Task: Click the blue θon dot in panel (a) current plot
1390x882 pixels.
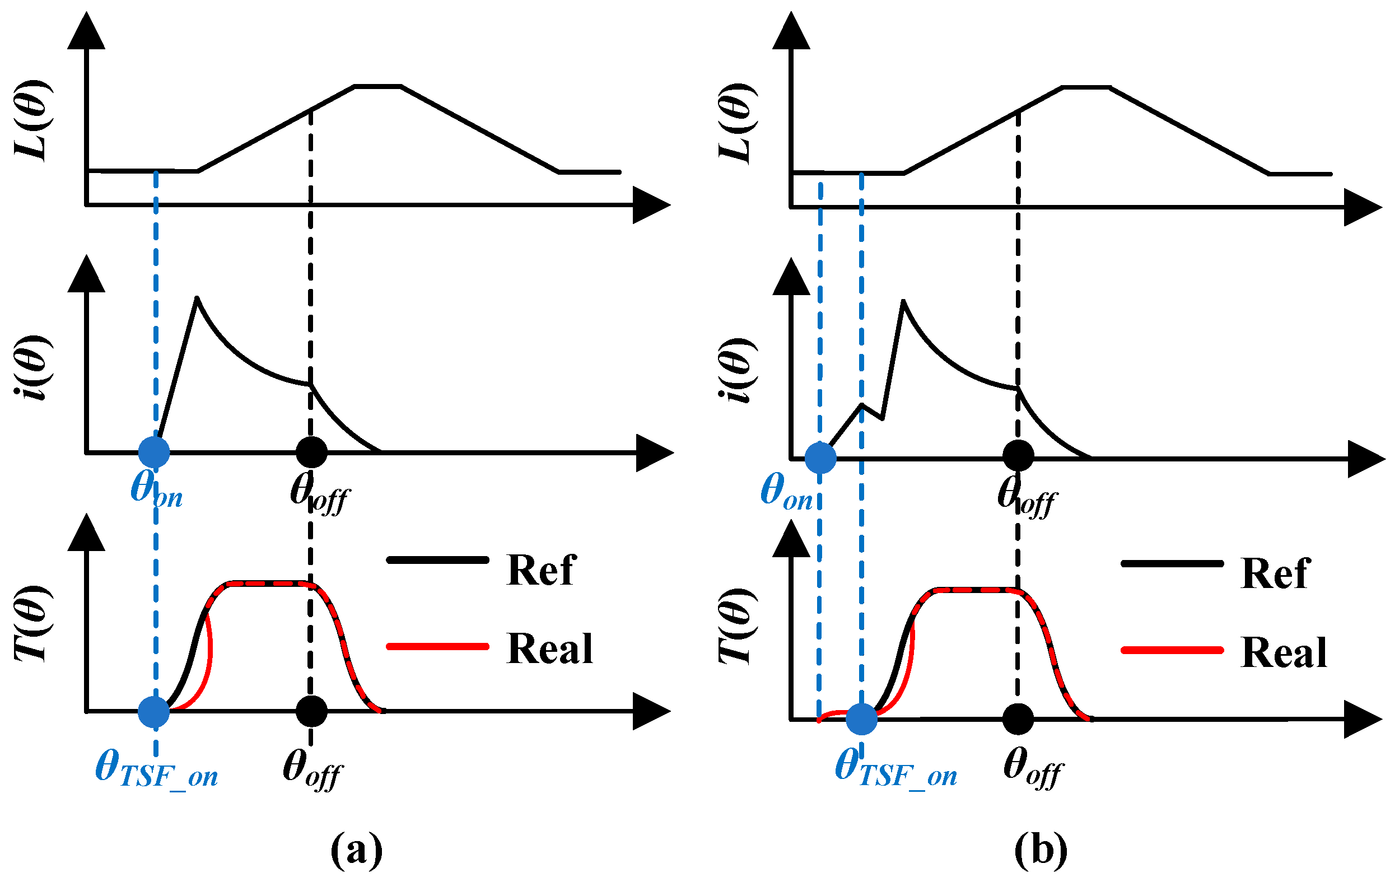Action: point(154,452)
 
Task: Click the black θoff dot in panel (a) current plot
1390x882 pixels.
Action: point(312,452)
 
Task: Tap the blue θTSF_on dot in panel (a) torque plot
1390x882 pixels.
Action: point(154,711)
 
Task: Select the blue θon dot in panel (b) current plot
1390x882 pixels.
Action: point(820,458)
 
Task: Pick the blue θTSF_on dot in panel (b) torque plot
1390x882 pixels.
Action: point(862,718)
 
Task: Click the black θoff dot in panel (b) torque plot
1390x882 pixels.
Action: point(1018,718)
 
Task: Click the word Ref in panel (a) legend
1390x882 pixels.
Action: point(541,570)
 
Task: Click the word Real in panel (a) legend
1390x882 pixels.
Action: point(549,648)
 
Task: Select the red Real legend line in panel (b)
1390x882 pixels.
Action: point(1172,651)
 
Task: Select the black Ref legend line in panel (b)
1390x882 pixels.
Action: point(1172,563)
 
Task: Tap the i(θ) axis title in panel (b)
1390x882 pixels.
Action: point(738,370)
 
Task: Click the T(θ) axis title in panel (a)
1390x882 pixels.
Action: point(34,623)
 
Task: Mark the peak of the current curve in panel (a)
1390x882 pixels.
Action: point(197,298)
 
